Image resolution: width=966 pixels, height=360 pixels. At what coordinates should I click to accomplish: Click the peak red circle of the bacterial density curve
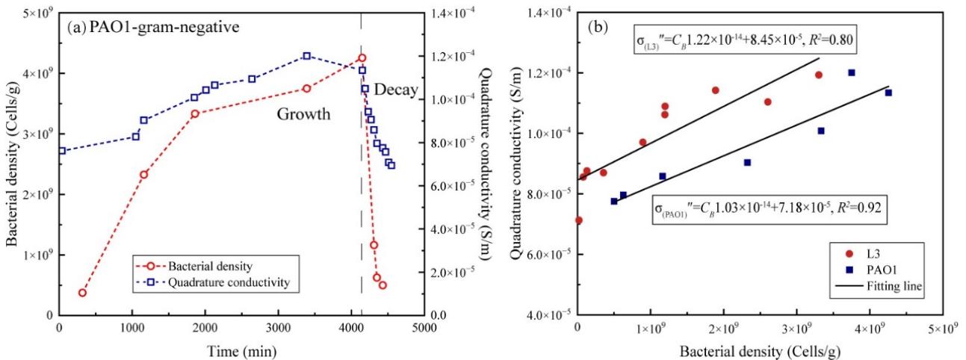click(x=362, y=58)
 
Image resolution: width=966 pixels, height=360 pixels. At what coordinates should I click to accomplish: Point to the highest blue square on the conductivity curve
click(x=306, y=56)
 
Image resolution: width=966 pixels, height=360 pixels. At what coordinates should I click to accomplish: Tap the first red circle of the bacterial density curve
click(x=82, y=292)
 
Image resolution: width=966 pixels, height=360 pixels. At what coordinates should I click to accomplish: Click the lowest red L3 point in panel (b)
click(x=578, y=220)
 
